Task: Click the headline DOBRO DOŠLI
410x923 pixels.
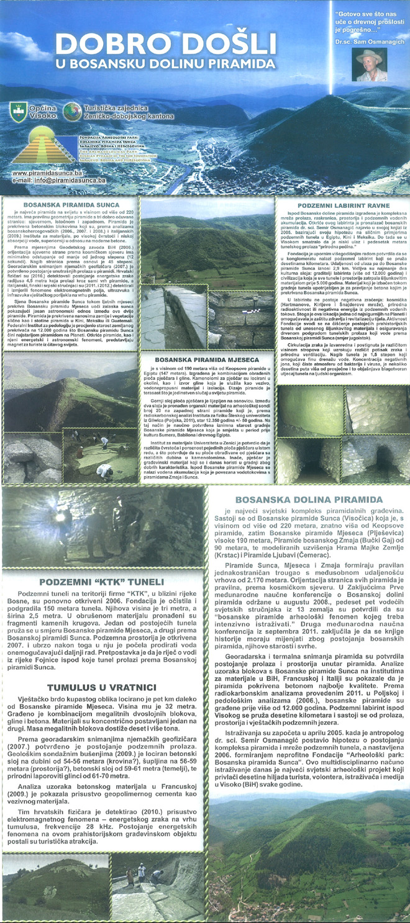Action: (x=164, y=45)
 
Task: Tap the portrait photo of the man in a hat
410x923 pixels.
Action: (x=371, y=65)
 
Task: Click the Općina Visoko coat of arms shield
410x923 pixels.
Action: (x=18, y=112)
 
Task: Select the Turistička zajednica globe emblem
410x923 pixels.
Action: (x=71, y=111)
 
